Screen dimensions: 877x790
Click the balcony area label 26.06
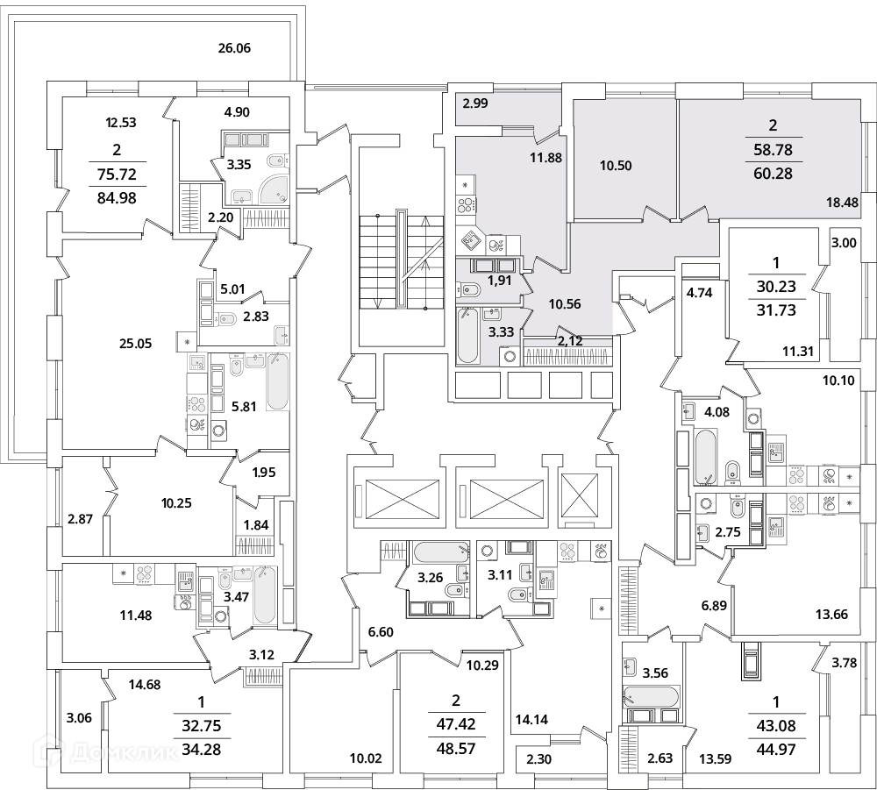click(x=234, y=48)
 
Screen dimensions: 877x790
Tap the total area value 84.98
click(x=117, y=198)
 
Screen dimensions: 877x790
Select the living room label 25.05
click(x=135, y=344)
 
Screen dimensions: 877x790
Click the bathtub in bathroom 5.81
click(x=277, y=381)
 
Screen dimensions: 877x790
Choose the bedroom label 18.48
click(x=842, y=202)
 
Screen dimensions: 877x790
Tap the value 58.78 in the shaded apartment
click(x=773, y=150)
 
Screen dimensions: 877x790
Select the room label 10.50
click(x=616, y=166)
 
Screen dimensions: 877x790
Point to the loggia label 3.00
click(x=844, y=243)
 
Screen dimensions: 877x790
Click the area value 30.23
click(x=776, y=286)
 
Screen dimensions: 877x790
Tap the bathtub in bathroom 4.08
click(x=705, y=456)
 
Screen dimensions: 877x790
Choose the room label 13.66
click(x=831, y=615)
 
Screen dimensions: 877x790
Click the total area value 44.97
click(x=776, y=749)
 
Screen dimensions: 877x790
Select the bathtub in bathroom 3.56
click(x=651, y=697)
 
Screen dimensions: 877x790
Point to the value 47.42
click(x=456, y=724)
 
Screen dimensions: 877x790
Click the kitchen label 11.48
click(x=136, y=616)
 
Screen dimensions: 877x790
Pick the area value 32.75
click(x=202, y=726)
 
